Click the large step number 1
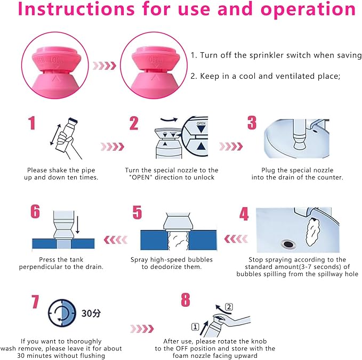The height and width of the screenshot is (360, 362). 32,123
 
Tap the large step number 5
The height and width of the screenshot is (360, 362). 137,212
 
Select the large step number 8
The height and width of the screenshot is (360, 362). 186,300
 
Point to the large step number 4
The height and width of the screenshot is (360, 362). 244,214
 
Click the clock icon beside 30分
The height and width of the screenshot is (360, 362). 62,313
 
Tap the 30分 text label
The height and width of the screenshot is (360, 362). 91,313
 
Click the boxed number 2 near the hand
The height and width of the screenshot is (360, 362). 229,307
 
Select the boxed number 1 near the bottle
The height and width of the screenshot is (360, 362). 195,327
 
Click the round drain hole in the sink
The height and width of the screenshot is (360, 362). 288,244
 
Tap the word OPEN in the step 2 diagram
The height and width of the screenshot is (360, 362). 201,124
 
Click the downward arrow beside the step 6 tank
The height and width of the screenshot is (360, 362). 78,225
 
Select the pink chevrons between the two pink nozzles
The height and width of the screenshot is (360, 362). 104,66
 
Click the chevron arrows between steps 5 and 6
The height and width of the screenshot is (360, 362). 116,240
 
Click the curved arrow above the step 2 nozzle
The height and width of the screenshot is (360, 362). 169,120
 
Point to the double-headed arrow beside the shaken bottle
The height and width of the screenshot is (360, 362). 55,135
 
